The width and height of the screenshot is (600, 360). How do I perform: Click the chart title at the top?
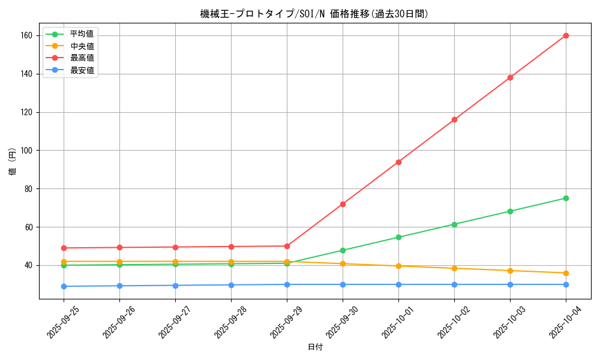click(314, 14)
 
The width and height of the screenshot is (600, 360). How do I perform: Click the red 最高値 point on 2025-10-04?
click(566, 35)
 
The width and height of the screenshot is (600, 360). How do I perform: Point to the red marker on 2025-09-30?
click(343, 204)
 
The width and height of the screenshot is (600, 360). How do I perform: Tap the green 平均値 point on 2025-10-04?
click(566, 198)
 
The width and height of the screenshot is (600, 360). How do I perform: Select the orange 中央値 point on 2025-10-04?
click(566, 273)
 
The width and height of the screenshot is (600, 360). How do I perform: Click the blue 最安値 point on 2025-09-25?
click(64, 286)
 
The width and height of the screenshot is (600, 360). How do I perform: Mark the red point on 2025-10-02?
click(454, 119)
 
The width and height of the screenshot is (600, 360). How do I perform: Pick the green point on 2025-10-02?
click(454, 224)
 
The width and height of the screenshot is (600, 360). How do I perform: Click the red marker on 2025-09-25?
click(64, 248)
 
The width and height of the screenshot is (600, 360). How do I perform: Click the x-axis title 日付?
click(314, 347)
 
